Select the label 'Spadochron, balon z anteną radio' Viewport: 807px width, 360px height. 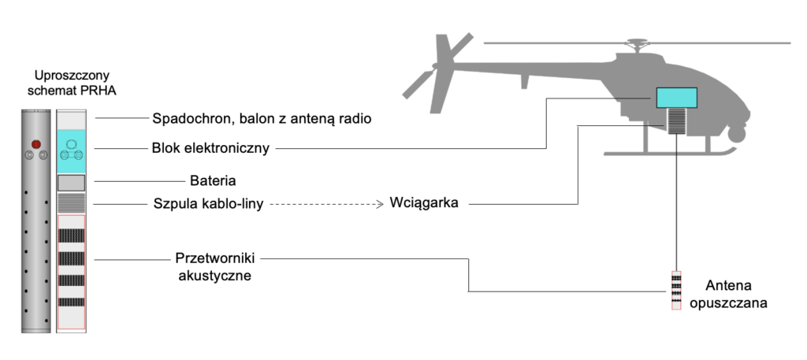pyautogui.click(x=261, y=120)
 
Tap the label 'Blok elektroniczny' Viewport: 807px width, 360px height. pyautogui.click(x=210, y=147)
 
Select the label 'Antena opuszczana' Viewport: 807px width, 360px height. pyautogui.click(x=724, y=293)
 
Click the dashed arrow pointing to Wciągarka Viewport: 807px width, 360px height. pyautogui.click(x=327, y=204)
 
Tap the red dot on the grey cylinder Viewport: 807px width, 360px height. pyautogui.click(x=35, y=143)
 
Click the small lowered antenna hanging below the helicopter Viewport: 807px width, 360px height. pyautogui.click(x=676, y=291)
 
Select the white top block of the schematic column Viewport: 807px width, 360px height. pyautogui.click(x=71, y=119)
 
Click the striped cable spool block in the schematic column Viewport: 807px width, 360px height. pyautogui.click(x=71, y=203)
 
